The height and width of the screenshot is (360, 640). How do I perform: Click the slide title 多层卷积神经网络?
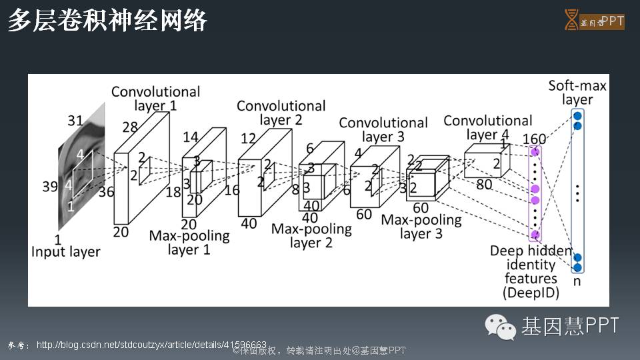[107, 21]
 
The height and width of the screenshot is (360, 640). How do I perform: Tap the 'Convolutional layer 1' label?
[155, 98]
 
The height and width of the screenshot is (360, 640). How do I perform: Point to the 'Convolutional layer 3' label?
[383, 129]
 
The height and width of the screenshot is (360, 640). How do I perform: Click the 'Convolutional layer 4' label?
[487, 127]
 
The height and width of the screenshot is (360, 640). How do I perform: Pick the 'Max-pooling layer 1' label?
[189, 243]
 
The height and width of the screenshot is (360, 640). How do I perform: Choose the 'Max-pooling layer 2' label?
[311, 235]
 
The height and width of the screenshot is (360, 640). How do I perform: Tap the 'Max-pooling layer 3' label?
[421, 227]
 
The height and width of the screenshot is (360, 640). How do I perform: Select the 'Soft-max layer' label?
[577, 93]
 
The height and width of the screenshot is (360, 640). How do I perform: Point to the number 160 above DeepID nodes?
[534, 139]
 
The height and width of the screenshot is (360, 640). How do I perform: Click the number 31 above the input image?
[75, 121]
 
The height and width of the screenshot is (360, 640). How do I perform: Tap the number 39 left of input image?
[50, 187]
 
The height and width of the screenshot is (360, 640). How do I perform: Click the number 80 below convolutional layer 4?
[484, 185]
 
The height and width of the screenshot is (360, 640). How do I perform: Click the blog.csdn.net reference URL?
[151, 345]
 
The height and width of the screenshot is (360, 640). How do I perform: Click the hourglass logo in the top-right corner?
[571, 19]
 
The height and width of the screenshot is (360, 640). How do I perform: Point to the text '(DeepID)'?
[531, 293]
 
